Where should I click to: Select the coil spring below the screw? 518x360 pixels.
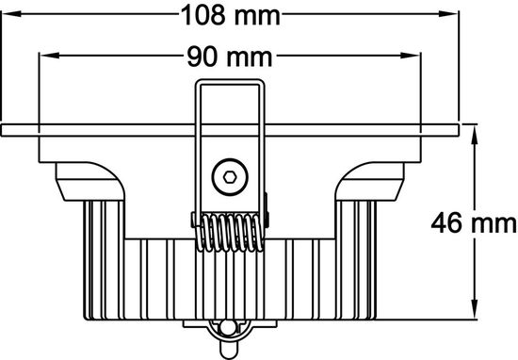230,231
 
